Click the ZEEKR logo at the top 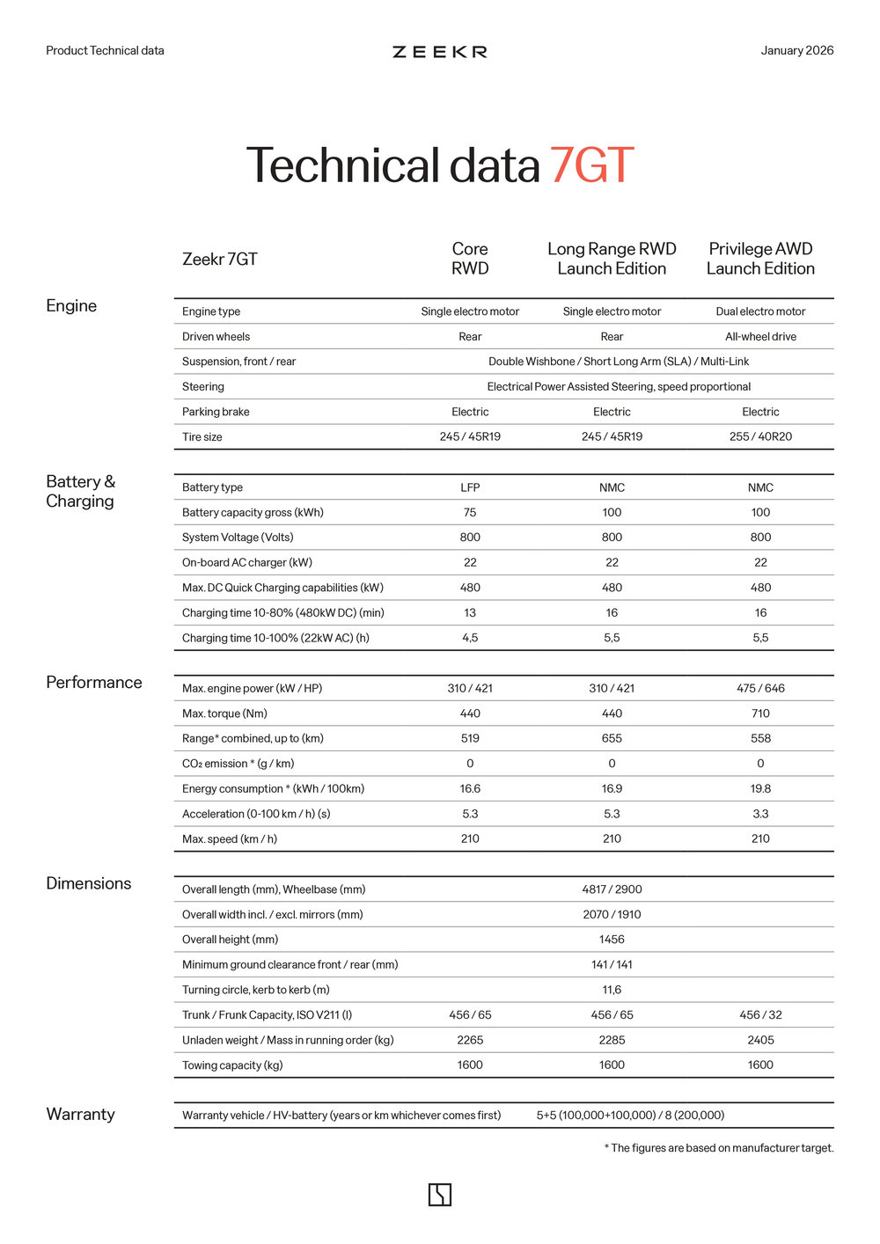tap(440, 52)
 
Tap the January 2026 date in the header tap(796, 50)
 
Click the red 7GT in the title tap(591, 165)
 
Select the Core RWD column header tap(470, 259)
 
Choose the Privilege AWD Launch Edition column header tap(760, 259)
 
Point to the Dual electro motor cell tap(760, 311)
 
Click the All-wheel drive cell tap(760, 336)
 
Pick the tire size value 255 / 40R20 tap(760, 436)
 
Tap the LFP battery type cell tap(470, 487)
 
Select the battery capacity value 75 tap(470, 512)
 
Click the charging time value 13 tap(470, 612)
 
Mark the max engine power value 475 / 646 tap(760, 688)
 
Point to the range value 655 tap(612, 738)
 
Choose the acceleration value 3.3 tap(760, 814)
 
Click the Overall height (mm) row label tap(230, 940)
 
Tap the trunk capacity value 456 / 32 tap(760, 1014)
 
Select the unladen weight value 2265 tap(470, 1040)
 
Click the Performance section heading tap(94, 683)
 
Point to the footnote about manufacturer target tap(718, 1148)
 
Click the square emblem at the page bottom tap(440, 1195)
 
